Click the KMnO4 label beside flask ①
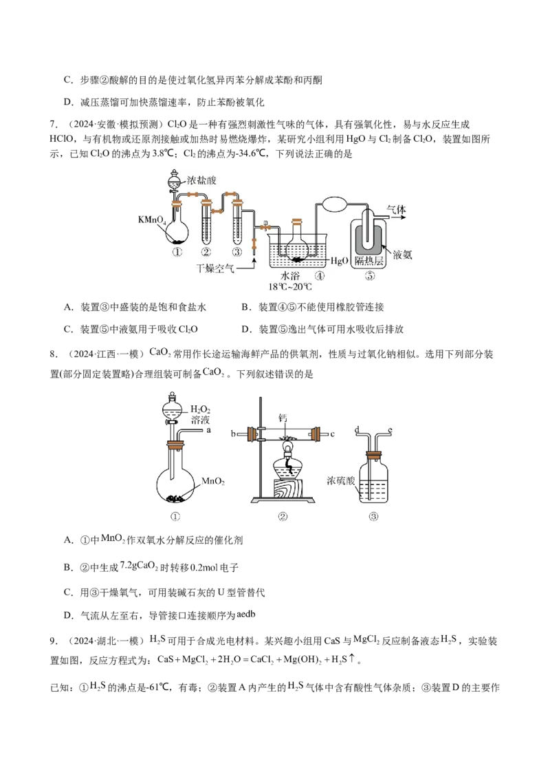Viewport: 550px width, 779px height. [x=153, y=220]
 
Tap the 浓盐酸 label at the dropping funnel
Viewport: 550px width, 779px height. [x=201, y=180]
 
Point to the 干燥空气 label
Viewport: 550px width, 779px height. [x=215, y=268]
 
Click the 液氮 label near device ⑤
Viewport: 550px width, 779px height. [x=402, y=255]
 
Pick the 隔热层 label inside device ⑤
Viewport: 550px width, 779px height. [x=368, y=261]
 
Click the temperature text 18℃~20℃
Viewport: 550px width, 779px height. [x=290, y=287]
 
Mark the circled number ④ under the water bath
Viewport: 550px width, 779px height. [x=320, y=276]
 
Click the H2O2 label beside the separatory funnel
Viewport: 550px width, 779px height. [x=201, y=409]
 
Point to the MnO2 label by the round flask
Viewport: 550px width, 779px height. [x=213, y=481]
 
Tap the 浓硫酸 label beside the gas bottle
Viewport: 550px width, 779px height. [x=341, y=480]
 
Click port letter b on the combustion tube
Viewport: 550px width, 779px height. [x=233, y=434]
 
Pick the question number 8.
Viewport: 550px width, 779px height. [x=52, y=354]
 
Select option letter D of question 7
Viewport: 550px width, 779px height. [x=245, y=329]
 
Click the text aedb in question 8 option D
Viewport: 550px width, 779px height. [x=245, y=614]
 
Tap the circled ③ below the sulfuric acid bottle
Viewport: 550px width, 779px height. [x=373, y=517]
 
